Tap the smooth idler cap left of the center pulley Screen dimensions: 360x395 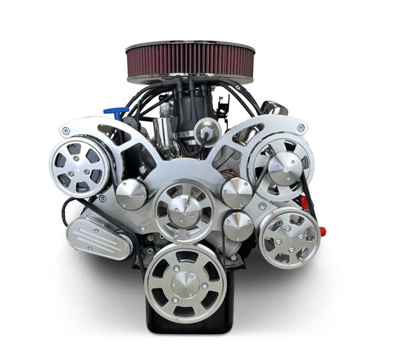pos(130,194)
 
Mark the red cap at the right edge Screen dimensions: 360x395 pos(322,232)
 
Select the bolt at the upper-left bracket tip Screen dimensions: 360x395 pos(65,131)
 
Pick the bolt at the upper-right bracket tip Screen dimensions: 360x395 pos(301,128)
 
